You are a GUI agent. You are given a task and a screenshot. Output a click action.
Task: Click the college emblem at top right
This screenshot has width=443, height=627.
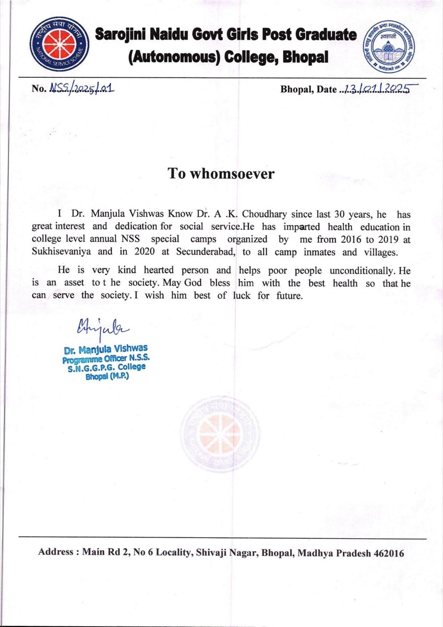tap(391, 47)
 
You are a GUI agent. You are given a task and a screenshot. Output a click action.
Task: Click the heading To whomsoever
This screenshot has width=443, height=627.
tap(221, 173)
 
